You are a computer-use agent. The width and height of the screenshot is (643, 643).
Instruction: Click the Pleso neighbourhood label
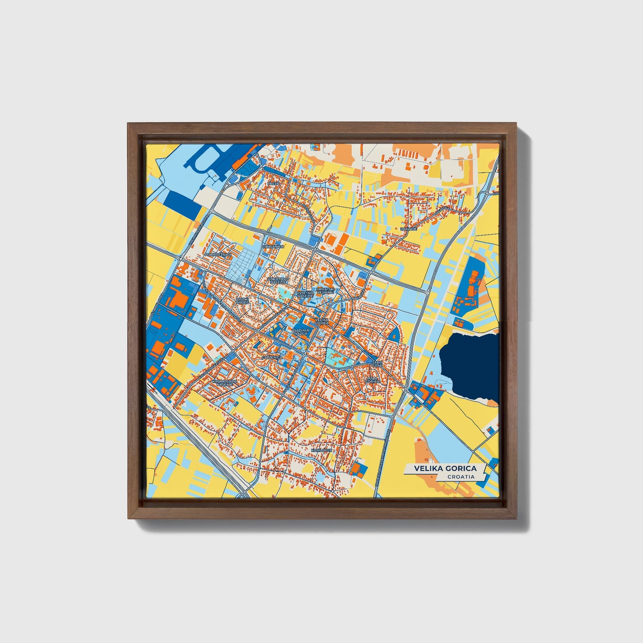(x=273, y=183)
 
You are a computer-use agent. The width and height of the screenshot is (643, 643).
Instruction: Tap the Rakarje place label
(x=408, y=229)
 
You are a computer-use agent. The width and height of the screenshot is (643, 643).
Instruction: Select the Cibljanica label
(x=273, y=246)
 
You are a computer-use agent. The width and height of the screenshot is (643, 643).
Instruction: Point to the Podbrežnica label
(x=218, y=254)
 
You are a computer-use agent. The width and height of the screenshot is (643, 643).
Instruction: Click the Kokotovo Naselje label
(x=278, y=280)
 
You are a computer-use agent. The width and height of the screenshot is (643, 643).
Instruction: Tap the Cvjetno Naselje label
(x=305, y=294)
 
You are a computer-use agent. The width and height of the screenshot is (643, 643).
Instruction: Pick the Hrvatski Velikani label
(x=325, y=291)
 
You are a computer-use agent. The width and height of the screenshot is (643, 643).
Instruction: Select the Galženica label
(x=272, y=357)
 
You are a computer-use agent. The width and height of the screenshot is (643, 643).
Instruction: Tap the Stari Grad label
(x=377, y=365)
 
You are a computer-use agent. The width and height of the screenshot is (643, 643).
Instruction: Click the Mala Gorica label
(x=372, y=380)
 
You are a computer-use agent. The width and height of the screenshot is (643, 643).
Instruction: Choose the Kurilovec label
(x=322, y=450)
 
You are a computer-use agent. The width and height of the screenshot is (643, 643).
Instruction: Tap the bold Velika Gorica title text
(x=445, y=469)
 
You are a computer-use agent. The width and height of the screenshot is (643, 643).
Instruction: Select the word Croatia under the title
(x=461, y=477)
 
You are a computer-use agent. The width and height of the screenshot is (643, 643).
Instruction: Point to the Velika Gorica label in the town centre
(x=321, y=321)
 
